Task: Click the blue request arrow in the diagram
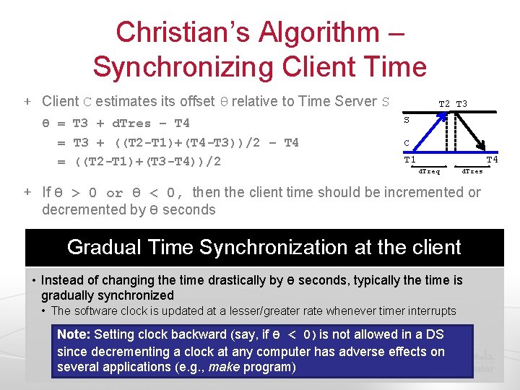click(427, 134)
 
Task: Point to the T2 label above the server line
click(445, 104)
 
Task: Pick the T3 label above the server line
click(461, 104)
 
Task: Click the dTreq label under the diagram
click(430, 172)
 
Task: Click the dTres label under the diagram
click(472, 172)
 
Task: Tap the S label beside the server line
click(407, 120)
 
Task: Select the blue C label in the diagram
click(407, 143)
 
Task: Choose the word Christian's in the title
click(175, 32)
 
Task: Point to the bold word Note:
click(73, 334)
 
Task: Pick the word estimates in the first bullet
click(123, 101)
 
